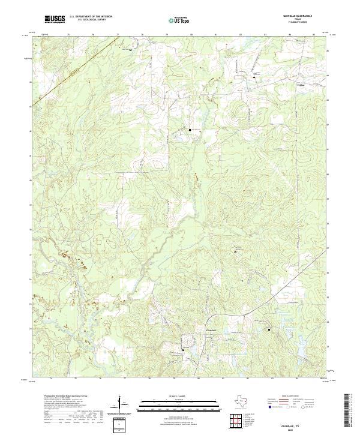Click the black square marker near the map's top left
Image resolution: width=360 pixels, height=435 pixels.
click(131, 50)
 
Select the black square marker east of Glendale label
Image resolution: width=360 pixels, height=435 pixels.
click(269, 329)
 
